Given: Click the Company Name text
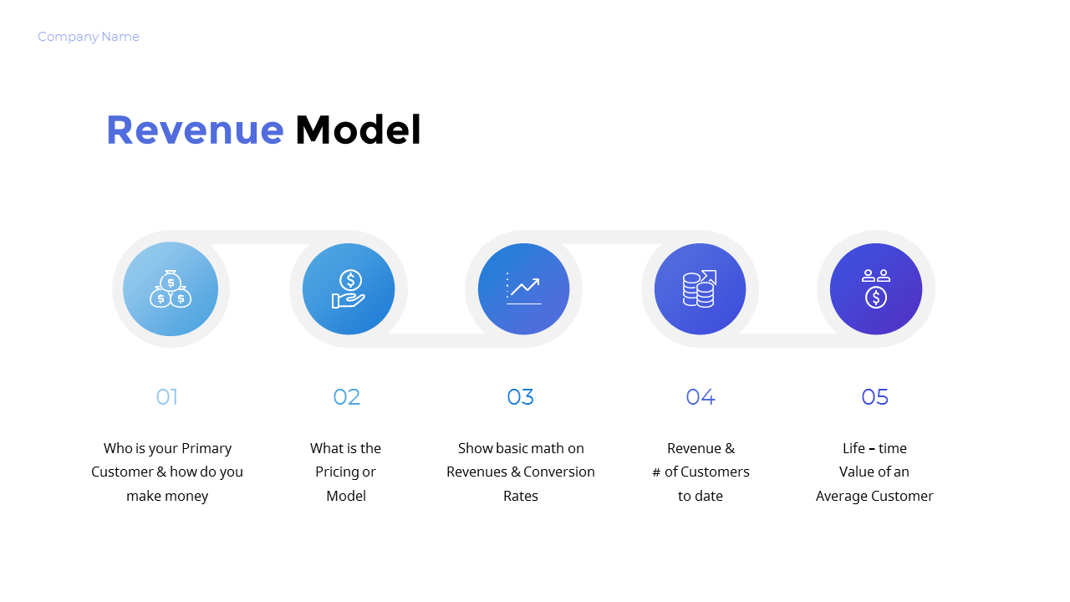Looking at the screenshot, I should pyautogui.click(x=89, y=37).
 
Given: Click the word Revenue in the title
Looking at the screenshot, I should pyautogui.click(x=195, y=130).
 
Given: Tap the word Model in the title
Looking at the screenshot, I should pyautogui.click(x=358, y=130).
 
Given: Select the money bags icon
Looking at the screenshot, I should pyautogui.click(x=171, y=288).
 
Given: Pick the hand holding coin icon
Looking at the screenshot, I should pyautogui.click(x=349, y=289).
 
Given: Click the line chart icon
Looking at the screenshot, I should pyautogui.click(x=524, y=288).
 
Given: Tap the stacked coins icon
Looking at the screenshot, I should pyautogui.click(x=700, y=288).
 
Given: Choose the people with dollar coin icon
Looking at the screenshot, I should pyautogui.click(x=875, y=288).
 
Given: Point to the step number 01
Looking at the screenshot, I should pyautogui.click(x=167, y=397).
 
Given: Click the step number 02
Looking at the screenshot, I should pyautogui.click(x=347, y=397).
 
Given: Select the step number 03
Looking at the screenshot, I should pyautogui.click(x=520, y=397).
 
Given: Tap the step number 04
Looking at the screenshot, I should pyautogui.click(x=701, y=397).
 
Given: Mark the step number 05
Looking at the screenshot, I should pyautogui.click(x=874, y=397).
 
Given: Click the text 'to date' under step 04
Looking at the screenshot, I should pyautogui.click(x=701, y=496).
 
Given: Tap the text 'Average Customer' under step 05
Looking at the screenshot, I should pyautogui.click(x=874, y=496).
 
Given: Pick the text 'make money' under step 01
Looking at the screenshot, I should pyautogui.click(x=167, y=496).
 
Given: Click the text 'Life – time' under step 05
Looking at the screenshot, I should pyautogui.click(x=874, y=448).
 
